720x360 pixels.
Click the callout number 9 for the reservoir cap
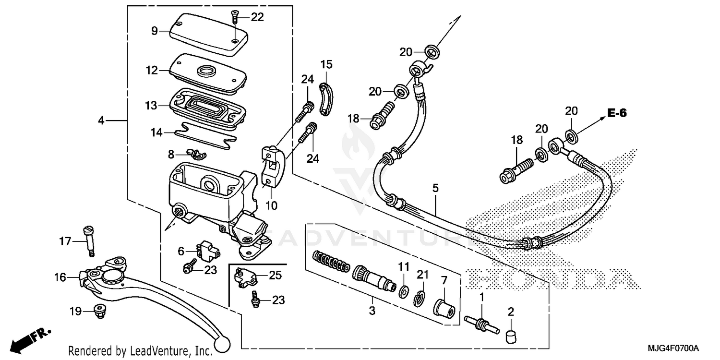(154, 31)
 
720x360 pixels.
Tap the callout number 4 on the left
(101, 120)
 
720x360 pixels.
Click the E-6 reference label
(617, 113)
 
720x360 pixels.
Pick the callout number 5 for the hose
(435, 189)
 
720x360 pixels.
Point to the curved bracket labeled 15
(326, 98)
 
